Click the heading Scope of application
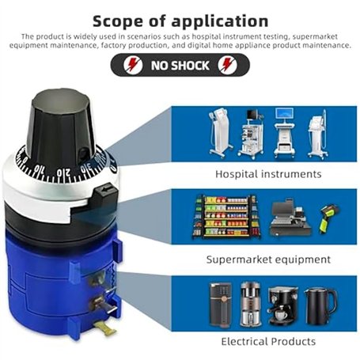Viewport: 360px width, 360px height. coord(180,21)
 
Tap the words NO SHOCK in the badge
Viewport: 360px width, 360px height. coord(180,65)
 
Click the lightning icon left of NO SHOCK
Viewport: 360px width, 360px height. coord(133,65)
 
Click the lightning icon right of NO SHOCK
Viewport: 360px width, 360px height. coord(227,65)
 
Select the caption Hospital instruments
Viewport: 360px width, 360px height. coord(268,174)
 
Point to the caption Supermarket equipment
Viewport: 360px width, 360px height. coord(268,260)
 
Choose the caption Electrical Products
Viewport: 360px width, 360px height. coord(268,342)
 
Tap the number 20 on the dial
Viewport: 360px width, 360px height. coord(63,172)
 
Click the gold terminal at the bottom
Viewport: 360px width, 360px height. coord(107,328)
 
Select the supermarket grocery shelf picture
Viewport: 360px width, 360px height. coord(226,217)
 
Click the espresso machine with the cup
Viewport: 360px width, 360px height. coord(282,306)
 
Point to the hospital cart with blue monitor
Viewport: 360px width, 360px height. coord(284,132)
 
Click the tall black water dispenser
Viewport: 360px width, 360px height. coord(220,305)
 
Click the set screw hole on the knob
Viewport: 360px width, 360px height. coord(84,153)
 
